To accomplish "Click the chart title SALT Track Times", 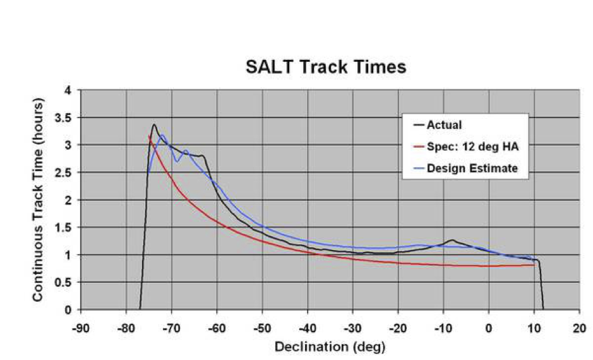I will point(326,67).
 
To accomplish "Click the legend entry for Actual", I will point(444,125).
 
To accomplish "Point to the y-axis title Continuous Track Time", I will point(39,199).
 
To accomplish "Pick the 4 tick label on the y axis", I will point(68,90).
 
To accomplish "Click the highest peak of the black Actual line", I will point(153,124).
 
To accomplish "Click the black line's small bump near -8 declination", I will point(452,240).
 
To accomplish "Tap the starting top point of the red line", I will point(149,135).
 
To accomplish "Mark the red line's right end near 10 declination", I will point(534,265).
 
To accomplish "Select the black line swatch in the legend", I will point(416,125).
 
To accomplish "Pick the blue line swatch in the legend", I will point(416,169).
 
